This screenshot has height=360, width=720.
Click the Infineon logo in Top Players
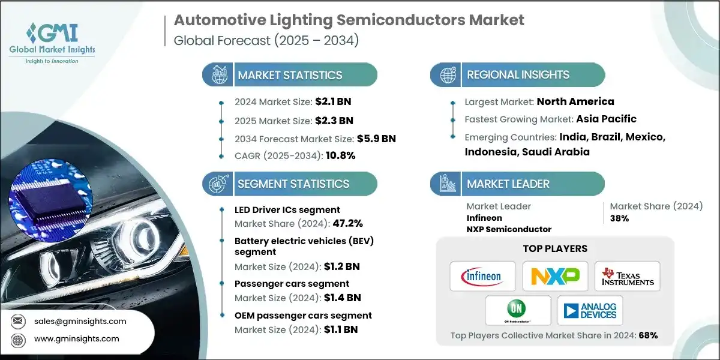(x=482, y=276)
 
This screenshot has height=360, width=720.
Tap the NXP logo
(x=555, y=276)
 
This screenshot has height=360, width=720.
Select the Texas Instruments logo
(x=627, y=276)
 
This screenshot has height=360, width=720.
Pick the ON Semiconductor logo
(x=518, y=310)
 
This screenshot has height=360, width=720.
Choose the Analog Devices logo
(x=590, y=310)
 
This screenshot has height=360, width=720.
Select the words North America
(x=575, y=101)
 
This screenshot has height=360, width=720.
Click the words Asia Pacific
(x=606, y=119)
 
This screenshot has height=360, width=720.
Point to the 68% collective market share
(x=648, y=335)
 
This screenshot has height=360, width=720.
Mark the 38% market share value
(x=619, y=218)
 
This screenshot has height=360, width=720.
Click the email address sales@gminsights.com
(x=80, y=321)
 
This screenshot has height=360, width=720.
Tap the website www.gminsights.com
(x=77, y=338)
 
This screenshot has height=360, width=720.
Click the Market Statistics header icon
(x=217, y=74)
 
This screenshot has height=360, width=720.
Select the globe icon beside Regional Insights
(x=448, y=74)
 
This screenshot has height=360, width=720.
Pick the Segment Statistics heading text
(x=293, y=184)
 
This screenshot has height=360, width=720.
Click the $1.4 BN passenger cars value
(x=342, y=297)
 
